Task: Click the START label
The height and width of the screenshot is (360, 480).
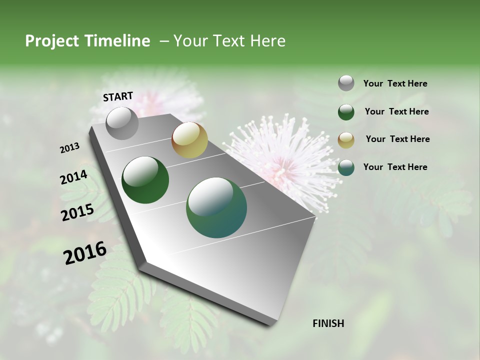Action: (x=118, y=96)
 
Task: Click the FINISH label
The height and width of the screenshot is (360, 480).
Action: (x=328, y=323)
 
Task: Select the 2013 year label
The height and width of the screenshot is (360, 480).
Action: (x=70, y=148)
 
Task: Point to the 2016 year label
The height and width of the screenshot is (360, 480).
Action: (x=85, y=252)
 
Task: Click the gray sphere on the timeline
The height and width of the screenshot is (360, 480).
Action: (x=122, y=123)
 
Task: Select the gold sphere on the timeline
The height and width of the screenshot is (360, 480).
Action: (x=189, y=140)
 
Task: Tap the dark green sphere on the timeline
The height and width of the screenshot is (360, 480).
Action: (x=145, y=180)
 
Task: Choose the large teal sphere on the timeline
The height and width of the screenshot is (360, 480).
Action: (x=216, y=207)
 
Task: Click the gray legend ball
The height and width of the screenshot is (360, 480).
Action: (x=346, y=83)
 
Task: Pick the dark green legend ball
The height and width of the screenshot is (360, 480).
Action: (x=346, y=112)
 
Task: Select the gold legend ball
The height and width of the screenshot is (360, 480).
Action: (x=346, y=139)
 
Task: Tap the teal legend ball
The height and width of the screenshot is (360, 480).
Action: (x=346, y=167)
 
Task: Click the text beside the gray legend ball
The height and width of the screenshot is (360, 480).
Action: (x=395, y=83)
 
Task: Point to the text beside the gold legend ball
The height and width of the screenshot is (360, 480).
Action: (x=397, y=139)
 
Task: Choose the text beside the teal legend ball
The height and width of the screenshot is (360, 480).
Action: (x=395, y=167)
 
